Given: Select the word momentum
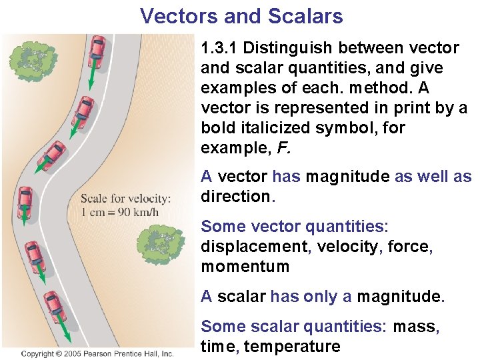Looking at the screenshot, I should click(x=245, y=267).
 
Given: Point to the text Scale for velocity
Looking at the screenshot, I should click(x=125, y=199).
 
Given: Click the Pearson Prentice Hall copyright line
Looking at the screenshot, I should click(x=97, y=354).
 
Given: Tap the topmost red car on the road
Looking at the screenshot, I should click(x=97, y=49).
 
